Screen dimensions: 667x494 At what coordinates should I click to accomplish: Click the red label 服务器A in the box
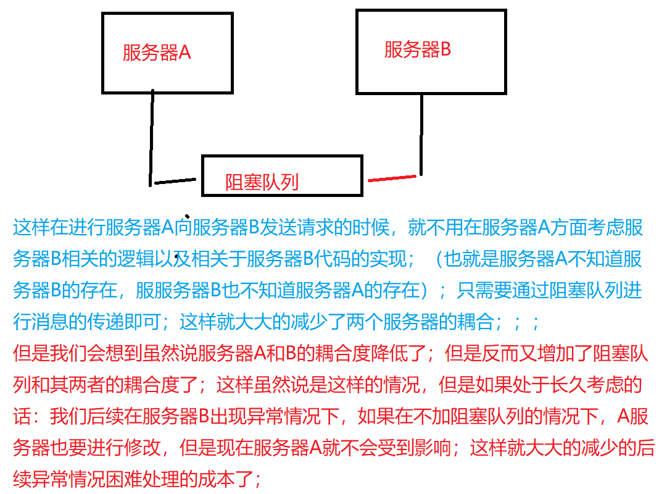click(x=157, y=52)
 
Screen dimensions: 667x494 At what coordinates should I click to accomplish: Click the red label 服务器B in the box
click(x=418, y=49)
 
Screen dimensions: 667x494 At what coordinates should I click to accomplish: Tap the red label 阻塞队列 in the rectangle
click(x=262, y=182)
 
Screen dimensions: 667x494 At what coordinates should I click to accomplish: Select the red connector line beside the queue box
click(x=392, y=178)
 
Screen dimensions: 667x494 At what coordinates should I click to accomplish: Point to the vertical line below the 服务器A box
click(x=151, y=136)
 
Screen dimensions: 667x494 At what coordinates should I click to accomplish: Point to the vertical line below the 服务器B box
click(x=421, y=133)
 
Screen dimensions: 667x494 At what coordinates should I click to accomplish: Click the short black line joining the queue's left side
click(x=175, y=182)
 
